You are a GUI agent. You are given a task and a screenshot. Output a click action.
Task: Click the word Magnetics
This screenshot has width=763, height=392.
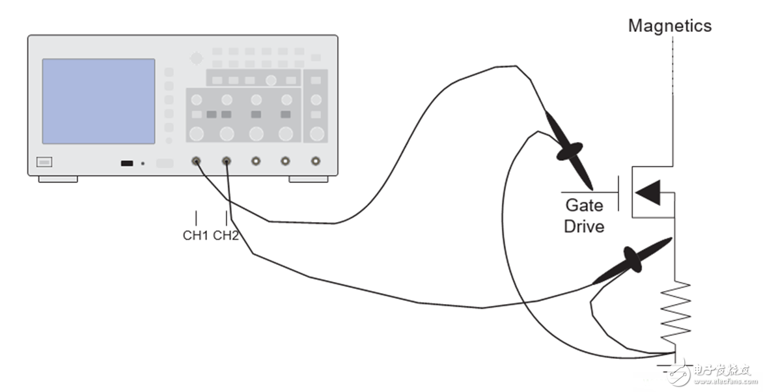tap(669, 26)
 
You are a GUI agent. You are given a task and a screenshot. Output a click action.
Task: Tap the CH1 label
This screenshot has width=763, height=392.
tap(195, 236)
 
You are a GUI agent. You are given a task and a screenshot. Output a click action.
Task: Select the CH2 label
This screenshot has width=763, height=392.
tap(226, 236)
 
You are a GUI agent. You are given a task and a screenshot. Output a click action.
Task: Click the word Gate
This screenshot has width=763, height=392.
tap(584, 205)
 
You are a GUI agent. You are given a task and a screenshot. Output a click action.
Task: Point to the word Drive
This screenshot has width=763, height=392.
tap(584, 227)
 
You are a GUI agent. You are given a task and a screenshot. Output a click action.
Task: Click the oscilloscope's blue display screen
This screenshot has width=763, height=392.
tap(98, 102)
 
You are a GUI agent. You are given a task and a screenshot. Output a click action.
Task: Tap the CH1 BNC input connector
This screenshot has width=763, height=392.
tap(196, 161)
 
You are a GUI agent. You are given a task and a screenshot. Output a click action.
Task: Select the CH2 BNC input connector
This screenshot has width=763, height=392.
tap(227, 161)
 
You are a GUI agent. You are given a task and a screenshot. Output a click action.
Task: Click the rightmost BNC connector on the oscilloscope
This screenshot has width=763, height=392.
tap(315, 161)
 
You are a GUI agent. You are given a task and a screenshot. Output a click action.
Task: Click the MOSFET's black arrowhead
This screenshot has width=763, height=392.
tap(648, 192)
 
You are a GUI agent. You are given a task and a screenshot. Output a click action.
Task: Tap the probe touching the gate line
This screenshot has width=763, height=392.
tap(569, 150)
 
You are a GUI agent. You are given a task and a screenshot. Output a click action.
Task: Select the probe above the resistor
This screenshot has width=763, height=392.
tap(632, 261)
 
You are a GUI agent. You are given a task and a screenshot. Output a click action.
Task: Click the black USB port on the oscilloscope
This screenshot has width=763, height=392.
tap(126, 163)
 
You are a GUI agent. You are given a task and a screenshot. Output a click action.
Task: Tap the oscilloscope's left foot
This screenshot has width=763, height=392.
tap(58, 179)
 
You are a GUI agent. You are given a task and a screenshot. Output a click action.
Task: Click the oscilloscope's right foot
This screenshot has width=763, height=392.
tap(309, 179)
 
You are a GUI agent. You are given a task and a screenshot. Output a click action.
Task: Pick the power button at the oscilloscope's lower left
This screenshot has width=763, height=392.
tap(44, 162)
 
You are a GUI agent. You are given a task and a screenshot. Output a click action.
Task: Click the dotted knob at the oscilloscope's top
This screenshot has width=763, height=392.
tap(197, 59)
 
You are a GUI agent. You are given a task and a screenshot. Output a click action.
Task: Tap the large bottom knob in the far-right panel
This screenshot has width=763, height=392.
tap(316, 133)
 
